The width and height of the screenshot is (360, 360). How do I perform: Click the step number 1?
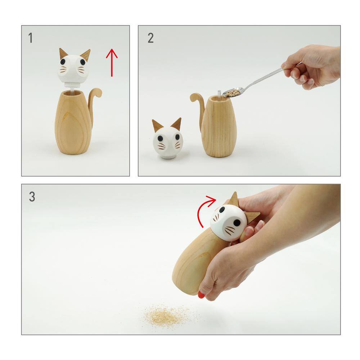tap(30, 38)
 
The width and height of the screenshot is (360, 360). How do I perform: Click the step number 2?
tap(150, 38)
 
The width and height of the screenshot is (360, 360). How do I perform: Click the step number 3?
tap(32, 197)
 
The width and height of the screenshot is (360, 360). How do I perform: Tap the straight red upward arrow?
tap(112, 62)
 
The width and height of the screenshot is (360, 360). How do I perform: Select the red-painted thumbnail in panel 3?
tap(201, 295)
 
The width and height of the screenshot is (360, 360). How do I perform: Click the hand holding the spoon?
tap(313, 67)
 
